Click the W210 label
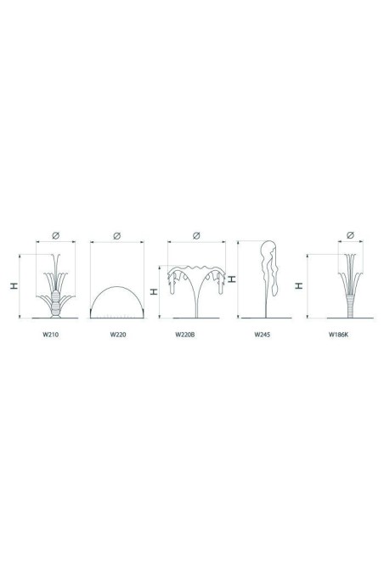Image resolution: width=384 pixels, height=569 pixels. pos(50,335)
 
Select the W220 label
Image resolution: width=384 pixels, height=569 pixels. pos(118,335)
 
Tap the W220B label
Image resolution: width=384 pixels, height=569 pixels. pos(184,335)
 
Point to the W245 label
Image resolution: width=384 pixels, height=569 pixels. pos(262,335)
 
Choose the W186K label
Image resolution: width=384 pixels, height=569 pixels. pos(338,335)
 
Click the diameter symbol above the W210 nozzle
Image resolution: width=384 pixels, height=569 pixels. pos(55,235)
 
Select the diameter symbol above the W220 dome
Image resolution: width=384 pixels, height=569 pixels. pos(117,236)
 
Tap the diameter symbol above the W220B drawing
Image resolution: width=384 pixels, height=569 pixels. pos(196,235)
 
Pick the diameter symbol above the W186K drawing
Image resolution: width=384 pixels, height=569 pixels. pos(350,235)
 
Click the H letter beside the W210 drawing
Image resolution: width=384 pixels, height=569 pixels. pos(14,286)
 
